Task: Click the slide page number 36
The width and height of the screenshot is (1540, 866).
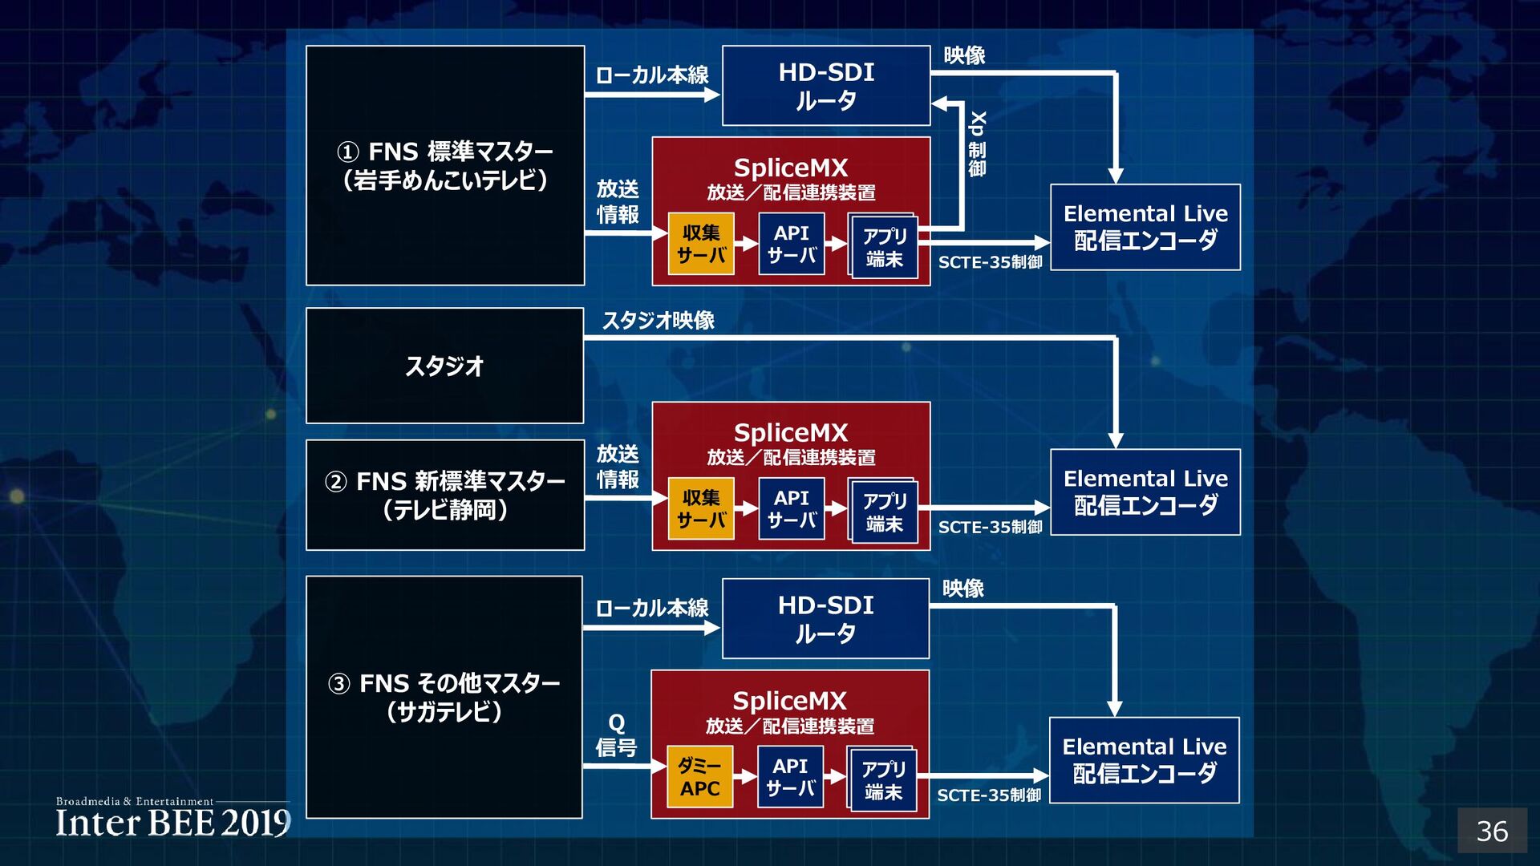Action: click(x=1491, y=831)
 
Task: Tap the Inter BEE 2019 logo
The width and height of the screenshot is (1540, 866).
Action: click(x=172, y=819)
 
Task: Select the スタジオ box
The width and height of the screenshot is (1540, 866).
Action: click(x=444, y=366)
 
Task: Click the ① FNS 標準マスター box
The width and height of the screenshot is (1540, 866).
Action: click(x=444, y=165)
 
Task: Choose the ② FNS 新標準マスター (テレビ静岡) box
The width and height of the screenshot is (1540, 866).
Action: click(x=444, y=495)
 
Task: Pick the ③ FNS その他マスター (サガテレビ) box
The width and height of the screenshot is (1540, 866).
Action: click(x=444, y=697)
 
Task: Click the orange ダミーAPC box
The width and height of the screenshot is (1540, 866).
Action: click(x=699, y=777)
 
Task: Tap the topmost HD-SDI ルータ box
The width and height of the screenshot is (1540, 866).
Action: click(x=826, y=86)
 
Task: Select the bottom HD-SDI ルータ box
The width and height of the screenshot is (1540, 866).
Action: click(x=825, y=619)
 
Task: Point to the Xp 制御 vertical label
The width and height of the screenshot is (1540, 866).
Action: click(x=977, y=144)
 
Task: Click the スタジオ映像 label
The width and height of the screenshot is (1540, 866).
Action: click(x=658, y=321)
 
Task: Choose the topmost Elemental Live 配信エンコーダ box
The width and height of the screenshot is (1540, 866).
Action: click(x=1145, y=227)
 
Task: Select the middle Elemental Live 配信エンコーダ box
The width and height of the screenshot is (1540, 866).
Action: click(x=1145, y=492)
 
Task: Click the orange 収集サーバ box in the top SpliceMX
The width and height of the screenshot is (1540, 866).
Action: click(x=701, y=244)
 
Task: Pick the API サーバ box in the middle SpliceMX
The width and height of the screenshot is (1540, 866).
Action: click(x=791, y=509)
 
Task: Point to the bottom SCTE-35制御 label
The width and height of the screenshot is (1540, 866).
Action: click(x=989, y=795)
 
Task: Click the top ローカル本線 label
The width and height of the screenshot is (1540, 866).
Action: click(x=651, y=75)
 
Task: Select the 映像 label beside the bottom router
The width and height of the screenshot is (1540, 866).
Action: click(x=962, y=589)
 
